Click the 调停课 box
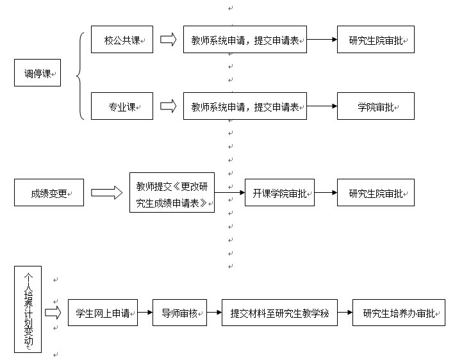[37, 73]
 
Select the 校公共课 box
[122, 40]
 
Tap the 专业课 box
[122, 106]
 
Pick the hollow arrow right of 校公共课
[169, 40]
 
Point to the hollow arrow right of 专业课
[169, 106]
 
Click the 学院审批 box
[376, 106]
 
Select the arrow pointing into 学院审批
[322, 106]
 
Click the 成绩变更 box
[49, 193]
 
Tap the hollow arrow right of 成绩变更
[107, 193]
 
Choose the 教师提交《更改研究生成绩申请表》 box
[172, 193]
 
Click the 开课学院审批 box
[280, 193]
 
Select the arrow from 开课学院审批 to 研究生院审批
[326, 192]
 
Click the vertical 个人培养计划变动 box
[28, 309]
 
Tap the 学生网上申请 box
[103, 313]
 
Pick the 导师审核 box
[179, 313]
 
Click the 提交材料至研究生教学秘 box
[280, 313]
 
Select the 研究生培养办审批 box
[399, 313]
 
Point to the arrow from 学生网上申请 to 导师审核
[145, 313]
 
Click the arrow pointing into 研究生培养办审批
[345, 313]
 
